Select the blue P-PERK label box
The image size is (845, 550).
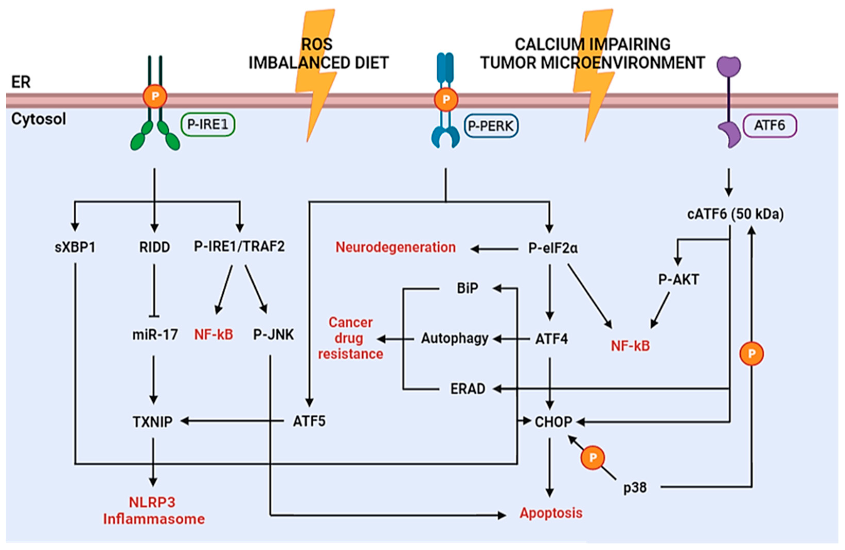click(x=491, y=126)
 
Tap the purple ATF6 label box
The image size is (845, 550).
click(x=770, y=125)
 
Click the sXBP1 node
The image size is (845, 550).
click(x=75, y=247)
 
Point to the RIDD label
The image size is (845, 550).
click(x=155, y=247)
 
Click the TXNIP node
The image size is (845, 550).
click(x=153, y=422)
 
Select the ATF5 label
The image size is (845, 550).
click(x=309, y=421)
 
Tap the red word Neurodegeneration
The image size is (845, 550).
click(x=395, y=247)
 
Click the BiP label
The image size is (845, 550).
click(x=467, y=288)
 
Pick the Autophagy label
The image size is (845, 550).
click(x=454, y=338)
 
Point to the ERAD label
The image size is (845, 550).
click(x=468, y=389)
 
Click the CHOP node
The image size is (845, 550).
click(x=553, y=422)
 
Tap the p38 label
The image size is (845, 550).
click(x=635, y=488)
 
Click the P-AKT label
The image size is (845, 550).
click(x=678, y=279)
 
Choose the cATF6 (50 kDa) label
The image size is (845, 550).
click(x=735, y=214)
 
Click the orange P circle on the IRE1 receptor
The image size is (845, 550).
click(x=155, y=96)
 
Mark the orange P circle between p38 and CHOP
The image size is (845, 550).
click(x=592, y=458)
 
